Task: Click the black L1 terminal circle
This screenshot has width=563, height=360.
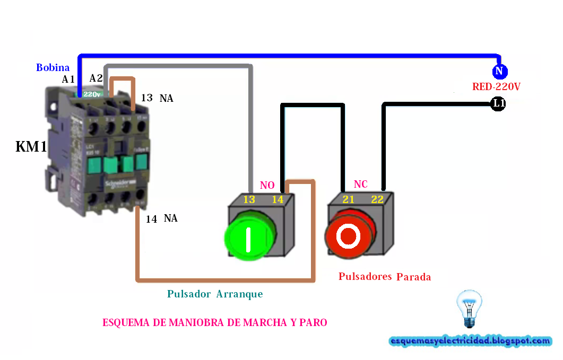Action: point(498,104)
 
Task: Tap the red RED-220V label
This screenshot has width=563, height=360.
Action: point(496,86)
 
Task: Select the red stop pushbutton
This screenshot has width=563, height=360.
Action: point(349,236)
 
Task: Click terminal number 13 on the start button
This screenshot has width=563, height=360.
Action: point(249,199)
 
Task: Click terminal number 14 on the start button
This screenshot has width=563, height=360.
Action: point(278,199)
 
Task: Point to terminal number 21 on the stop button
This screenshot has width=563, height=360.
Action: point(348,199)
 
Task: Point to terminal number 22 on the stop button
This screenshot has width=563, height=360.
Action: point(377,199)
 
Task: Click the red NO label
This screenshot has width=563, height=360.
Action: point(267,185)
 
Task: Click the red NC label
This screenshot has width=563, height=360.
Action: point(361,185)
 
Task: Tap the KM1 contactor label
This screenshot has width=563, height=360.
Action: point(31,147)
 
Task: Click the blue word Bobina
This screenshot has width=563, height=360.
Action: point(53,67)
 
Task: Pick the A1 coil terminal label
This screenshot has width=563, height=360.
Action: point(68,80)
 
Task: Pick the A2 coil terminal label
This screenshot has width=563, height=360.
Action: point(96,78)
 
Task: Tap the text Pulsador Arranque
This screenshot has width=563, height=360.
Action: point(215,294)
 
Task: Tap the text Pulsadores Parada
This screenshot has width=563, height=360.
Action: point(385,277)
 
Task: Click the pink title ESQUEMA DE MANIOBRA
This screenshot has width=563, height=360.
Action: point(214,322)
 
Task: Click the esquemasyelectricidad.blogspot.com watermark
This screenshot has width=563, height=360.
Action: point(470,341)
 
